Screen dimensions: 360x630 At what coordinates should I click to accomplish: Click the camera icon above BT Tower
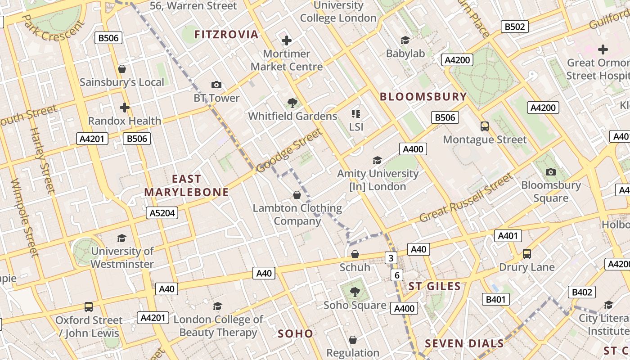click(x=216, y=85)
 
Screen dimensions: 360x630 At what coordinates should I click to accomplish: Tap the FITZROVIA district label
click(x=226, y=34)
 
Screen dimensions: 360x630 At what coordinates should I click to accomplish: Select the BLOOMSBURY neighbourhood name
click(x=423, y=97)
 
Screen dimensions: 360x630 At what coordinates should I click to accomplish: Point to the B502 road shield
click(x=515, y=27)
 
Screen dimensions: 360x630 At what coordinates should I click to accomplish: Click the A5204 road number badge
click(x=162, y=213)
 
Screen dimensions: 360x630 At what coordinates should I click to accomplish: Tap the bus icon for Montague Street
click(x=485, y=126)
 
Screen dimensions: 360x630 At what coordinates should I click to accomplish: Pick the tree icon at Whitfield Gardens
click(x=292, y=103)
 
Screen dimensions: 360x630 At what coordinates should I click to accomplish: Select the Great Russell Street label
click(x=466, y=198)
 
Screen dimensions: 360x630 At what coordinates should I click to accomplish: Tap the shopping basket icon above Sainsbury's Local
click(x=121, y=69)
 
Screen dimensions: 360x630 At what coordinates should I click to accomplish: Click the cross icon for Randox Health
click(x=125, y=108)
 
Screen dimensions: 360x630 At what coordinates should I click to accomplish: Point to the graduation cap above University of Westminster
click(x=121, y=238)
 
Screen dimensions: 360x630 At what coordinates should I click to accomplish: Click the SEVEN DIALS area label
click(x=464, y=344)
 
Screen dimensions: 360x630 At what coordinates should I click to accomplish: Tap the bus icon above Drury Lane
click(x=527, y=254)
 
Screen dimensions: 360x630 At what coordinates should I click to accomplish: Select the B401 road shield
click(x=496, y=299)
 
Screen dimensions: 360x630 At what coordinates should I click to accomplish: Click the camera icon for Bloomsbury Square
click(x=550, y=172)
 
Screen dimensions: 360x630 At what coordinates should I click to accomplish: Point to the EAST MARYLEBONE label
click(x=186, y=185)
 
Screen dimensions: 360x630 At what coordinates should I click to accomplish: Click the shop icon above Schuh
click(x=355, y=254)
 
